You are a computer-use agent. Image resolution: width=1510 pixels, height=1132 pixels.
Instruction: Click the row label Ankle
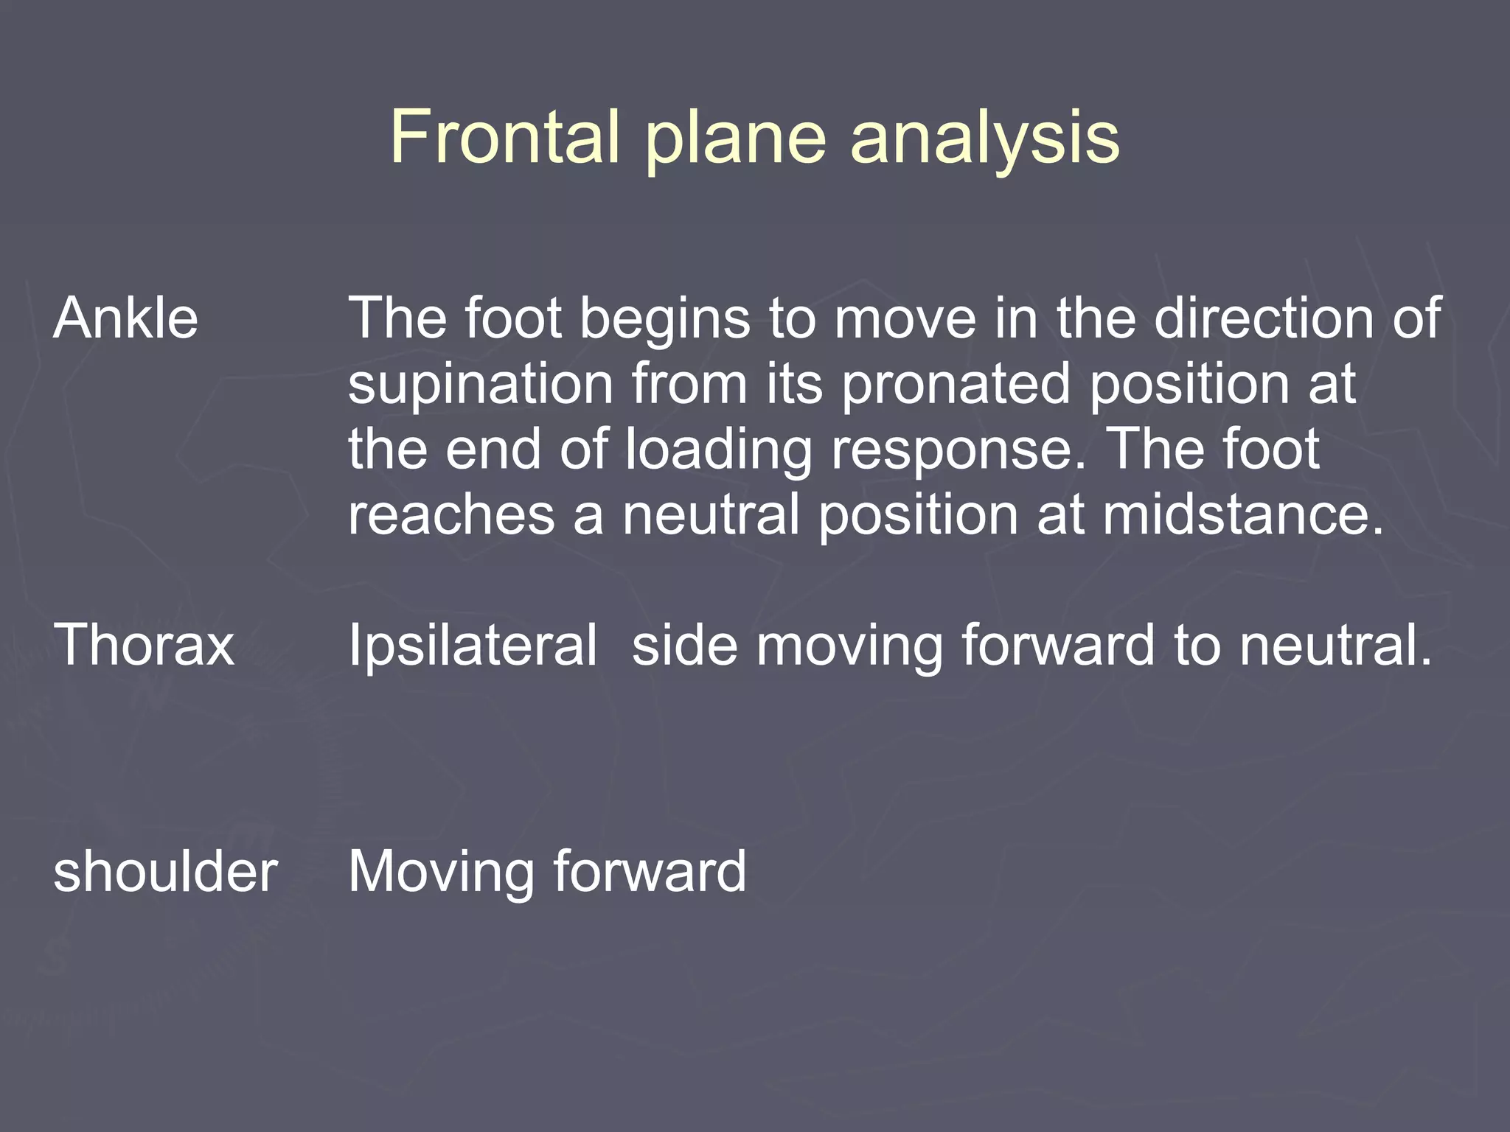click(126, 318)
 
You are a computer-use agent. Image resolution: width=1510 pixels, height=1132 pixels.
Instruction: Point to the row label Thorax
click(144, 645)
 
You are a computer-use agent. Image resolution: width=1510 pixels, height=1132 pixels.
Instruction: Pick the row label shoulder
click(165, 872)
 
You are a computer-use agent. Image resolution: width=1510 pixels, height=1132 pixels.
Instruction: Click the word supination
click(481, 385)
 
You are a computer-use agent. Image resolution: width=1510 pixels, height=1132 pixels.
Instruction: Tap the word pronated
click(956, 385)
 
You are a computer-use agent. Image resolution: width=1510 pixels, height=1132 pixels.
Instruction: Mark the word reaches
click(451, 514)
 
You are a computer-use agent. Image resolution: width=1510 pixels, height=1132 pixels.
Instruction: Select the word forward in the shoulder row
click(650, 872)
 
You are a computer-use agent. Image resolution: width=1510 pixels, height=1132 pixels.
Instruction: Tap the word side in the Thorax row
click(685, 645)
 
